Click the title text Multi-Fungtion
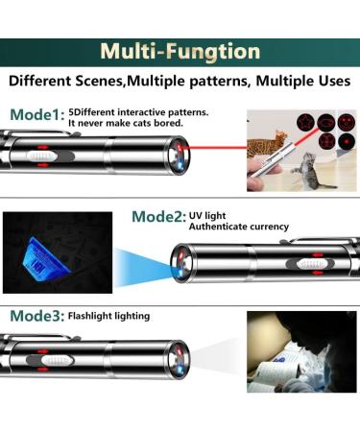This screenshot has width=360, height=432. pyautogui.click(x=180, y=52)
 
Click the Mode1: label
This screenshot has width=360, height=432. pyautogui.click(x=37, y=115)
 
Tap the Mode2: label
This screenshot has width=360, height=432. pyautogui.click(x=158, y=217)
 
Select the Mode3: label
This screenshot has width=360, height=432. pyautogui.click(x=37, y=316)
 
